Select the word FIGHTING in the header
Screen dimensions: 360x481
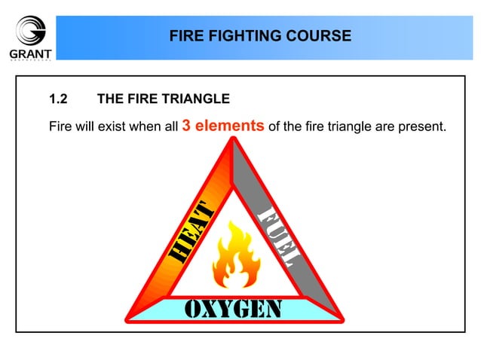tap(244, 35)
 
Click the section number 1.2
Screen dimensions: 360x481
tap(58, 99)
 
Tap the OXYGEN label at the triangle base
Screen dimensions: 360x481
tap(234, 309)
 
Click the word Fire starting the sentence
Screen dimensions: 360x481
tap(60, 127)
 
